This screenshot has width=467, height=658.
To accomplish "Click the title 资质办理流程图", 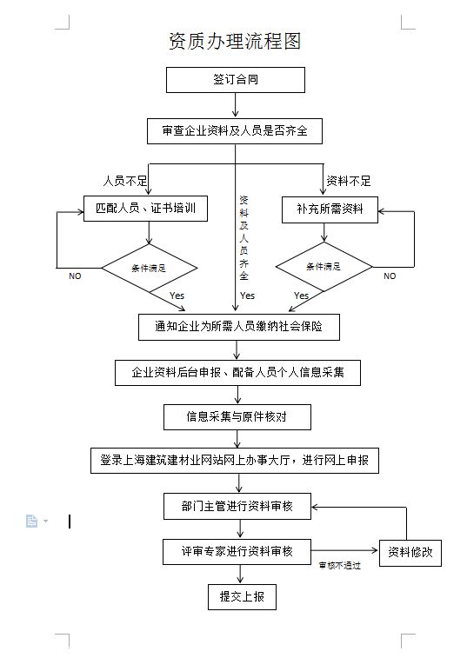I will tap(234, 41).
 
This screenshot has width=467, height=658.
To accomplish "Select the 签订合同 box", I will tap(235, 80).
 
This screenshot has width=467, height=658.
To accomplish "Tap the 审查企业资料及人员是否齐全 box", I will tap(235, 131).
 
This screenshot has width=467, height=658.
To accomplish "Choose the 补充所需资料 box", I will tap(330, 209).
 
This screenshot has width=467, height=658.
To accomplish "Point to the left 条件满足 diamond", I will tap(150, 268).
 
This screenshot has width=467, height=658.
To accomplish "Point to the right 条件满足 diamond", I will tap(324, 266).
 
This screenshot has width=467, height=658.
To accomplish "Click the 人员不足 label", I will tap(125, 181).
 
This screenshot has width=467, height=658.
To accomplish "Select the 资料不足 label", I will tap(348, 181).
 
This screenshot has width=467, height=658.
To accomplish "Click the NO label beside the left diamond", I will tap(75, 276).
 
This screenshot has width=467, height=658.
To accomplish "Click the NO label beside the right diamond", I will tap(390, 276).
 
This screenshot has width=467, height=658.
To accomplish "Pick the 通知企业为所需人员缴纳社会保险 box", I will tap(237, 327).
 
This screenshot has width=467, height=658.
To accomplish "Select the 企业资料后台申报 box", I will tap(237, 372).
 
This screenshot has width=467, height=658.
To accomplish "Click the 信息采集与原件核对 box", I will tap(237, 416).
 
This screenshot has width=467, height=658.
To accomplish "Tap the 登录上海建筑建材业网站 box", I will tap(236, 460).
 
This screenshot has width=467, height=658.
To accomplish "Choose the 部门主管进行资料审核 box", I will tap(237, 506).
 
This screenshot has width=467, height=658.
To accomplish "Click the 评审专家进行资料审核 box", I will tap(237, 551).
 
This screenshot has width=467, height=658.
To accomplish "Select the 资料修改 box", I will tap(410, 552).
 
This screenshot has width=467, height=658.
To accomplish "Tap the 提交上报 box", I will tap(242, 596).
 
